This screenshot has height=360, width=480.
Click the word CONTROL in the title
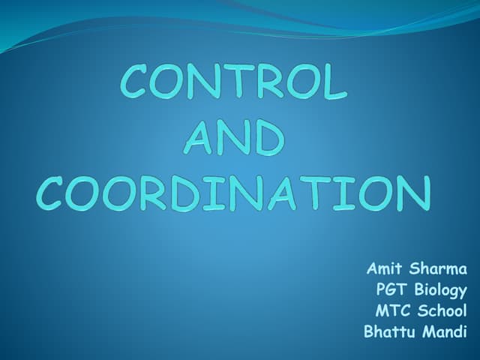coord(234,82)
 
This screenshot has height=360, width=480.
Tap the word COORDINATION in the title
coord(234,193)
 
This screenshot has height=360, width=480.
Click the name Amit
coord(383,268)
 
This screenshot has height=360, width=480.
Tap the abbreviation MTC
coord(391,310)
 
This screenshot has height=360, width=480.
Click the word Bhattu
coord(388,331)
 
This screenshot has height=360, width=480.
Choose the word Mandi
coord(442,331)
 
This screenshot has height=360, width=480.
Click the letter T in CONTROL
coord(244,82)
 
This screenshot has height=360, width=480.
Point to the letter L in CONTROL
coord(334,82)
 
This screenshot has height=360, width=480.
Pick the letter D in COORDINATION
coord(190,193)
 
